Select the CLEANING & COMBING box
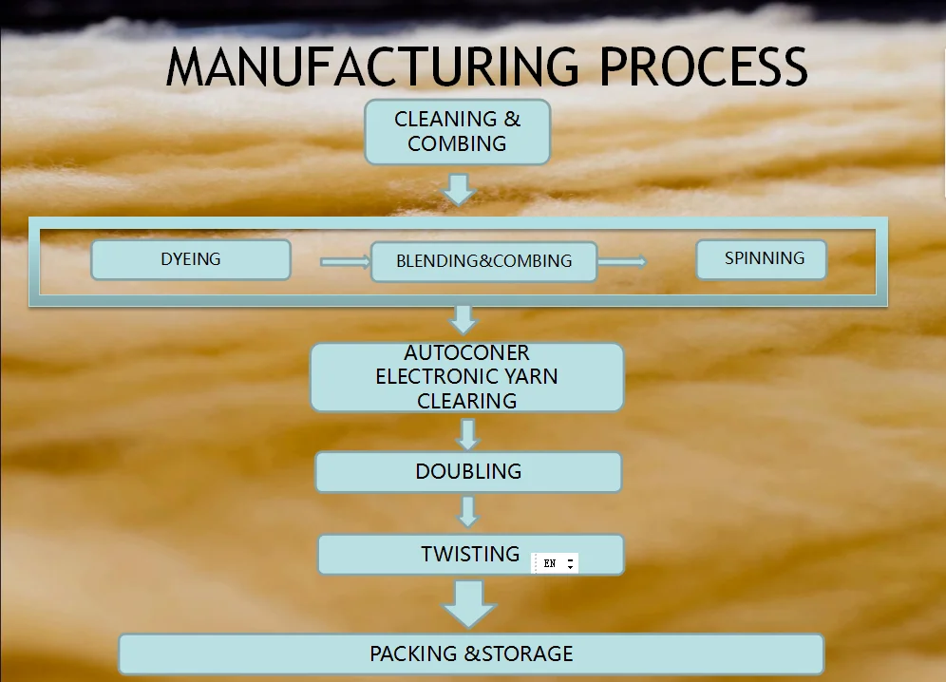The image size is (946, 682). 458,132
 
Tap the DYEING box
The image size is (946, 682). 191,259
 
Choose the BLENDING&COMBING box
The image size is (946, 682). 483,261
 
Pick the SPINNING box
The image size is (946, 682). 762,258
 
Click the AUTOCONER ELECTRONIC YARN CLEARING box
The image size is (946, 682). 466,377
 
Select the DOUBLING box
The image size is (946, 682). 468,472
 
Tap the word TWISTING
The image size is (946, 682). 470,554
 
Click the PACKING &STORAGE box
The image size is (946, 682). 471,654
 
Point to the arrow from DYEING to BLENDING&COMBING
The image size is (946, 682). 344,261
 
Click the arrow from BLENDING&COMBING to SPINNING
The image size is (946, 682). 623,261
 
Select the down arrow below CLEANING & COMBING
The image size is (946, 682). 459,188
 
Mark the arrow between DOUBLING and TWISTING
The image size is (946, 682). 466,512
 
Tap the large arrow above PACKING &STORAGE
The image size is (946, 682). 469,603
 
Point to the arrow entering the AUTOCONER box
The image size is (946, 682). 463,319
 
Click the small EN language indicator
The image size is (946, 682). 555,563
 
